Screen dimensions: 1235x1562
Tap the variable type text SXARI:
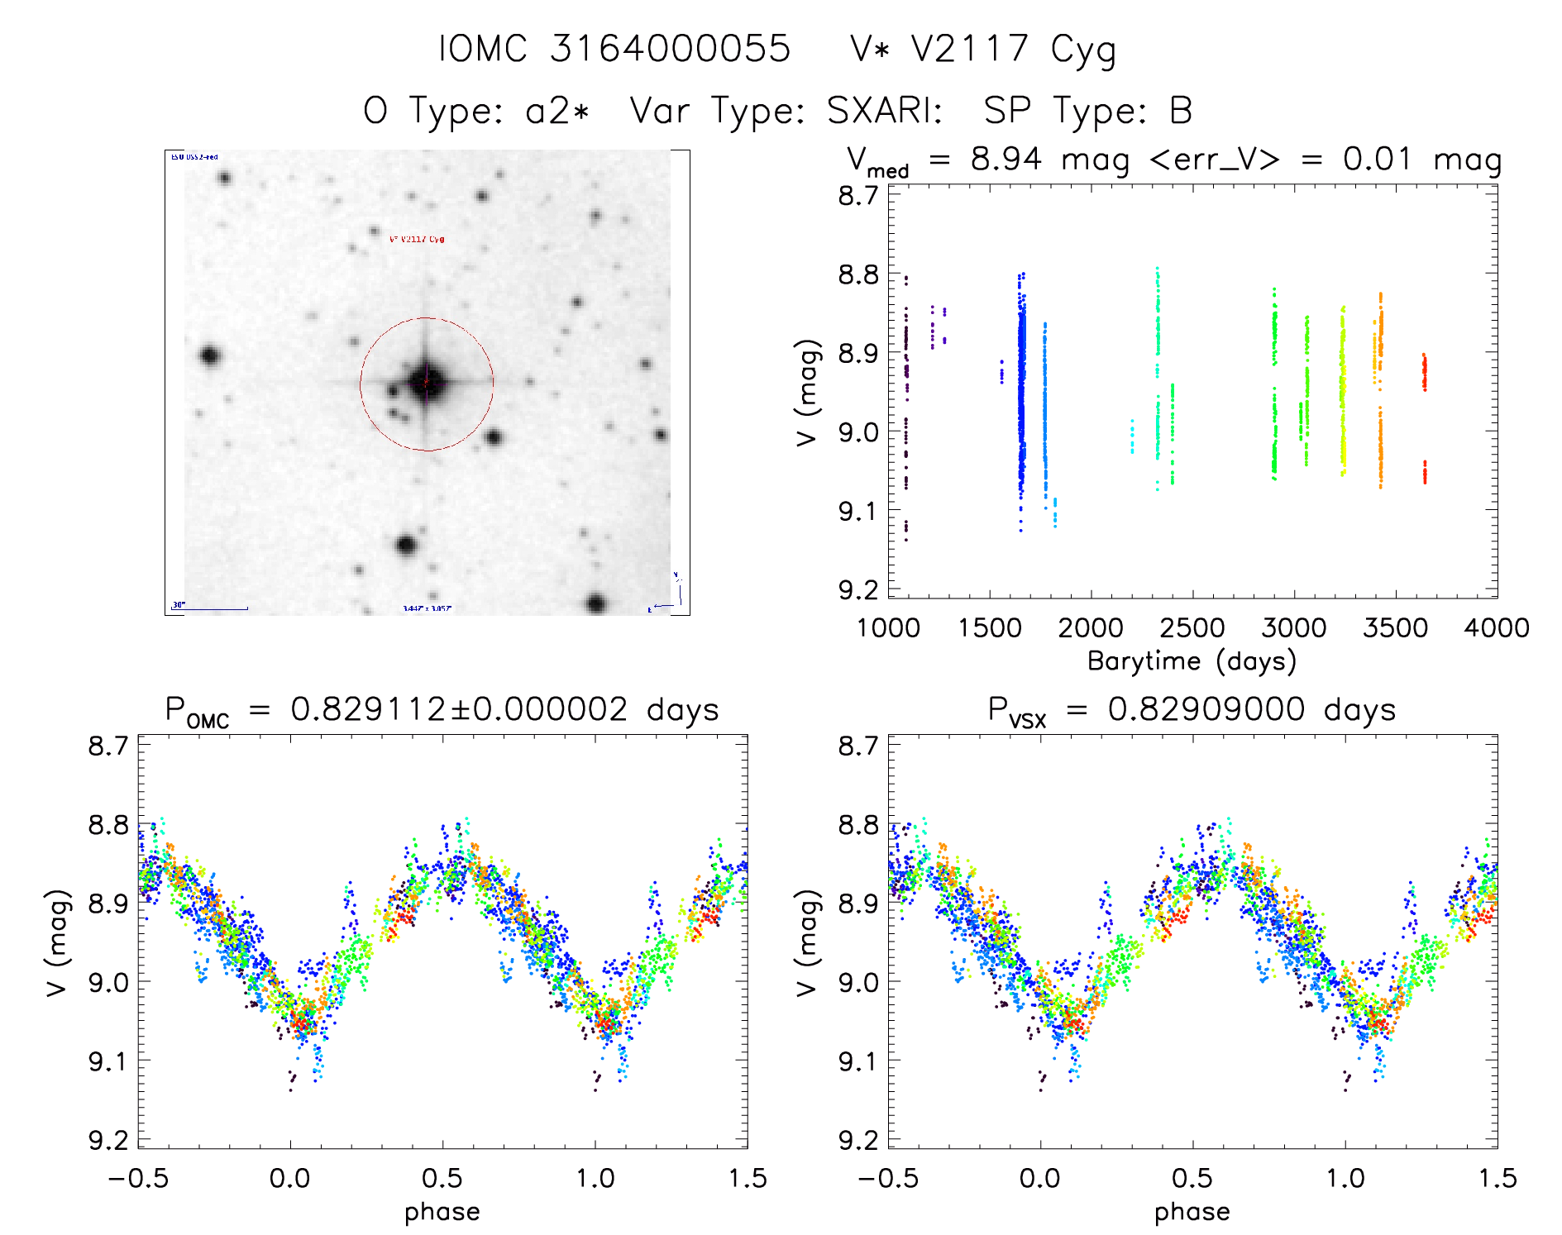point(884,111)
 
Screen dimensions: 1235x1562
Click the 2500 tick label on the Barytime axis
point(1192,628)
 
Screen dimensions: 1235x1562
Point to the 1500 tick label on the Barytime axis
point(990,628)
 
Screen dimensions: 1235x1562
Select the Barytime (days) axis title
point(1192,661)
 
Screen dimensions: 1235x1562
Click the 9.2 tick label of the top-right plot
point(858,589)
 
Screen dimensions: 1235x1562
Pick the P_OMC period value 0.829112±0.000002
point(459,710)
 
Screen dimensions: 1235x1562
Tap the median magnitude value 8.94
point(1006,159)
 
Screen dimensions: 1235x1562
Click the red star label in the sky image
point(417,239)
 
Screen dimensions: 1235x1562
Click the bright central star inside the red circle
point(427,383)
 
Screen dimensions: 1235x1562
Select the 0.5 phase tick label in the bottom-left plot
point(442,1178)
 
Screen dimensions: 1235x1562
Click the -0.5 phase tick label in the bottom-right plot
point(888,1178)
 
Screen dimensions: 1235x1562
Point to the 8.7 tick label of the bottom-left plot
point(108,746)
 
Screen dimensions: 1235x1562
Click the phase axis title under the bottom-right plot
point(1192,1212)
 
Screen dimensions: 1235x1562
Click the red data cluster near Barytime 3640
point(1424,373)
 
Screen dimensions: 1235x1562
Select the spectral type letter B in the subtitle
point(1181,111)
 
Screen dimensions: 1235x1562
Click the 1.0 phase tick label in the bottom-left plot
point(595,1178)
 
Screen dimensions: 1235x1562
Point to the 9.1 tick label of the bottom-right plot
point(858,1061)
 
